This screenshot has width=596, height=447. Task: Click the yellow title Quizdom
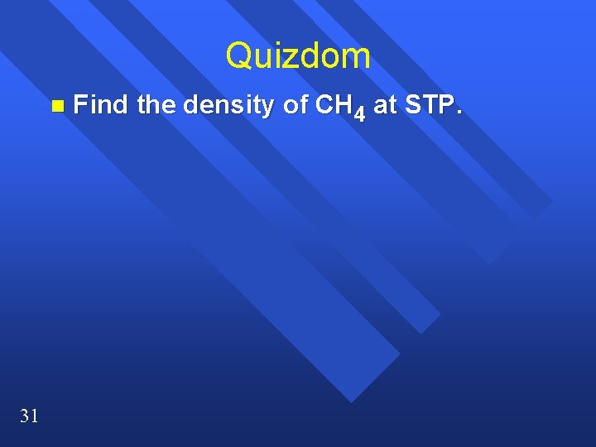tap(298, 56)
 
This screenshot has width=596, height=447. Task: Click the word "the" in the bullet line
tap(156, 105)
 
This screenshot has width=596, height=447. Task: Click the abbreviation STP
tap(428, 105)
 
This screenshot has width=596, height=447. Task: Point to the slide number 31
tap(28, 416)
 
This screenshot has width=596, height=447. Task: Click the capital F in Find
tap(80, 105)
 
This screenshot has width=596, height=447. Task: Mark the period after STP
tap(456, 112)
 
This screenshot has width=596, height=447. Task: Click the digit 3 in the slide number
tap(23, 416)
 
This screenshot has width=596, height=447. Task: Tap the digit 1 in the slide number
tap(33, 416)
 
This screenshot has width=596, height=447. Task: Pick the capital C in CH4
tap(322, 105)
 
